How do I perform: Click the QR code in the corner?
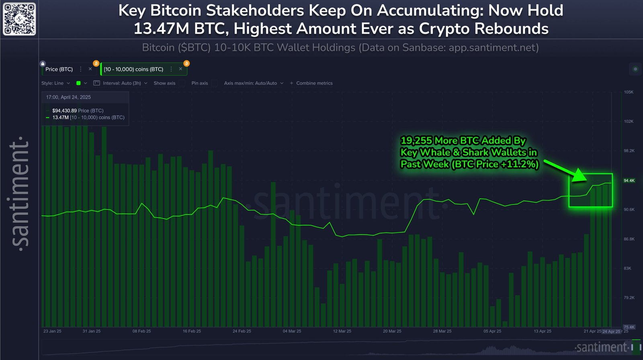[19, 19]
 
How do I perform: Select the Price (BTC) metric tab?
[59, 69]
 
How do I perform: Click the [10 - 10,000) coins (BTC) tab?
[133, 69]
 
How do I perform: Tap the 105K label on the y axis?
[629, 92]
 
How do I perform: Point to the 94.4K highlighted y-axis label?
[629, 180]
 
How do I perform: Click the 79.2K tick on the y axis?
[629, 298]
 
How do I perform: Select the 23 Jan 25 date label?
[52, 331]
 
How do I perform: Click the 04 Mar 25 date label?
[292, 331]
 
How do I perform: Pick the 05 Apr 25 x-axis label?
[492, 331]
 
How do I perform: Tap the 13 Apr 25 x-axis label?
[543, 331]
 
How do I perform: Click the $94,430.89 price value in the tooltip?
[64, 110]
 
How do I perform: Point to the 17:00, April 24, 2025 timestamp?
[68, 97]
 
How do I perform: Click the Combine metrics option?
[314, 83]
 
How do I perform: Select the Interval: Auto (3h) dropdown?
[122, 83]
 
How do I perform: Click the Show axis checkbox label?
[164, 83]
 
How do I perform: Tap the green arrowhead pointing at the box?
[579, 176]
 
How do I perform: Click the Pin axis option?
[200, 83]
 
